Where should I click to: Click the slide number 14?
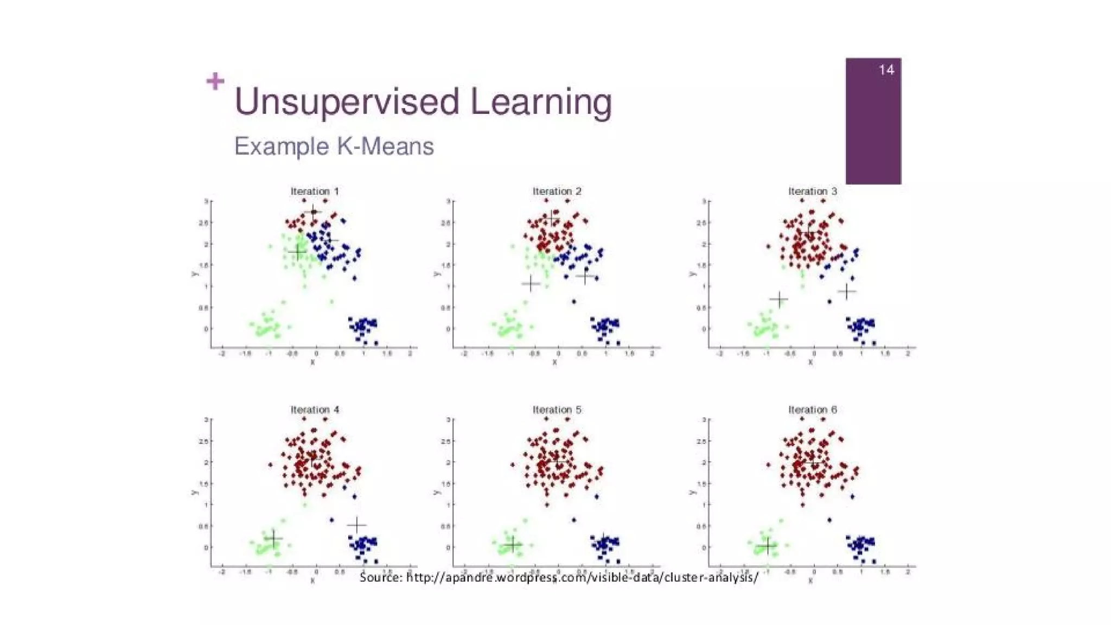(886, 70)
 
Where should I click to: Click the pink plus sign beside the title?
(215, 81)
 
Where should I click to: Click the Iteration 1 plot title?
(315, 192)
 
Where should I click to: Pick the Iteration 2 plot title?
(557, 192)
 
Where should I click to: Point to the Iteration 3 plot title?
(812, 192)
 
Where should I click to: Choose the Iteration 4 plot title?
(315, 410)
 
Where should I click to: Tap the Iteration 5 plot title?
(557, 410)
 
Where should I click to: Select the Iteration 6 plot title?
(812, 410)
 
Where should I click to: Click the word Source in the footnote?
(380, 577)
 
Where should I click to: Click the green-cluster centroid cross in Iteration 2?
(531, 283)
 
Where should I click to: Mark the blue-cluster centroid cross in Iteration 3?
(846, 291)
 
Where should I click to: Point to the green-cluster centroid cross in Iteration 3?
(779, 299)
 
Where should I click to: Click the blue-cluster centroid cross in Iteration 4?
(357, 525)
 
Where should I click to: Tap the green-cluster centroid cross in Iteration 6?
(767, 546)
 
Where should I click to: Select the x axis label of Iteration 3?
(810, 362)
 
